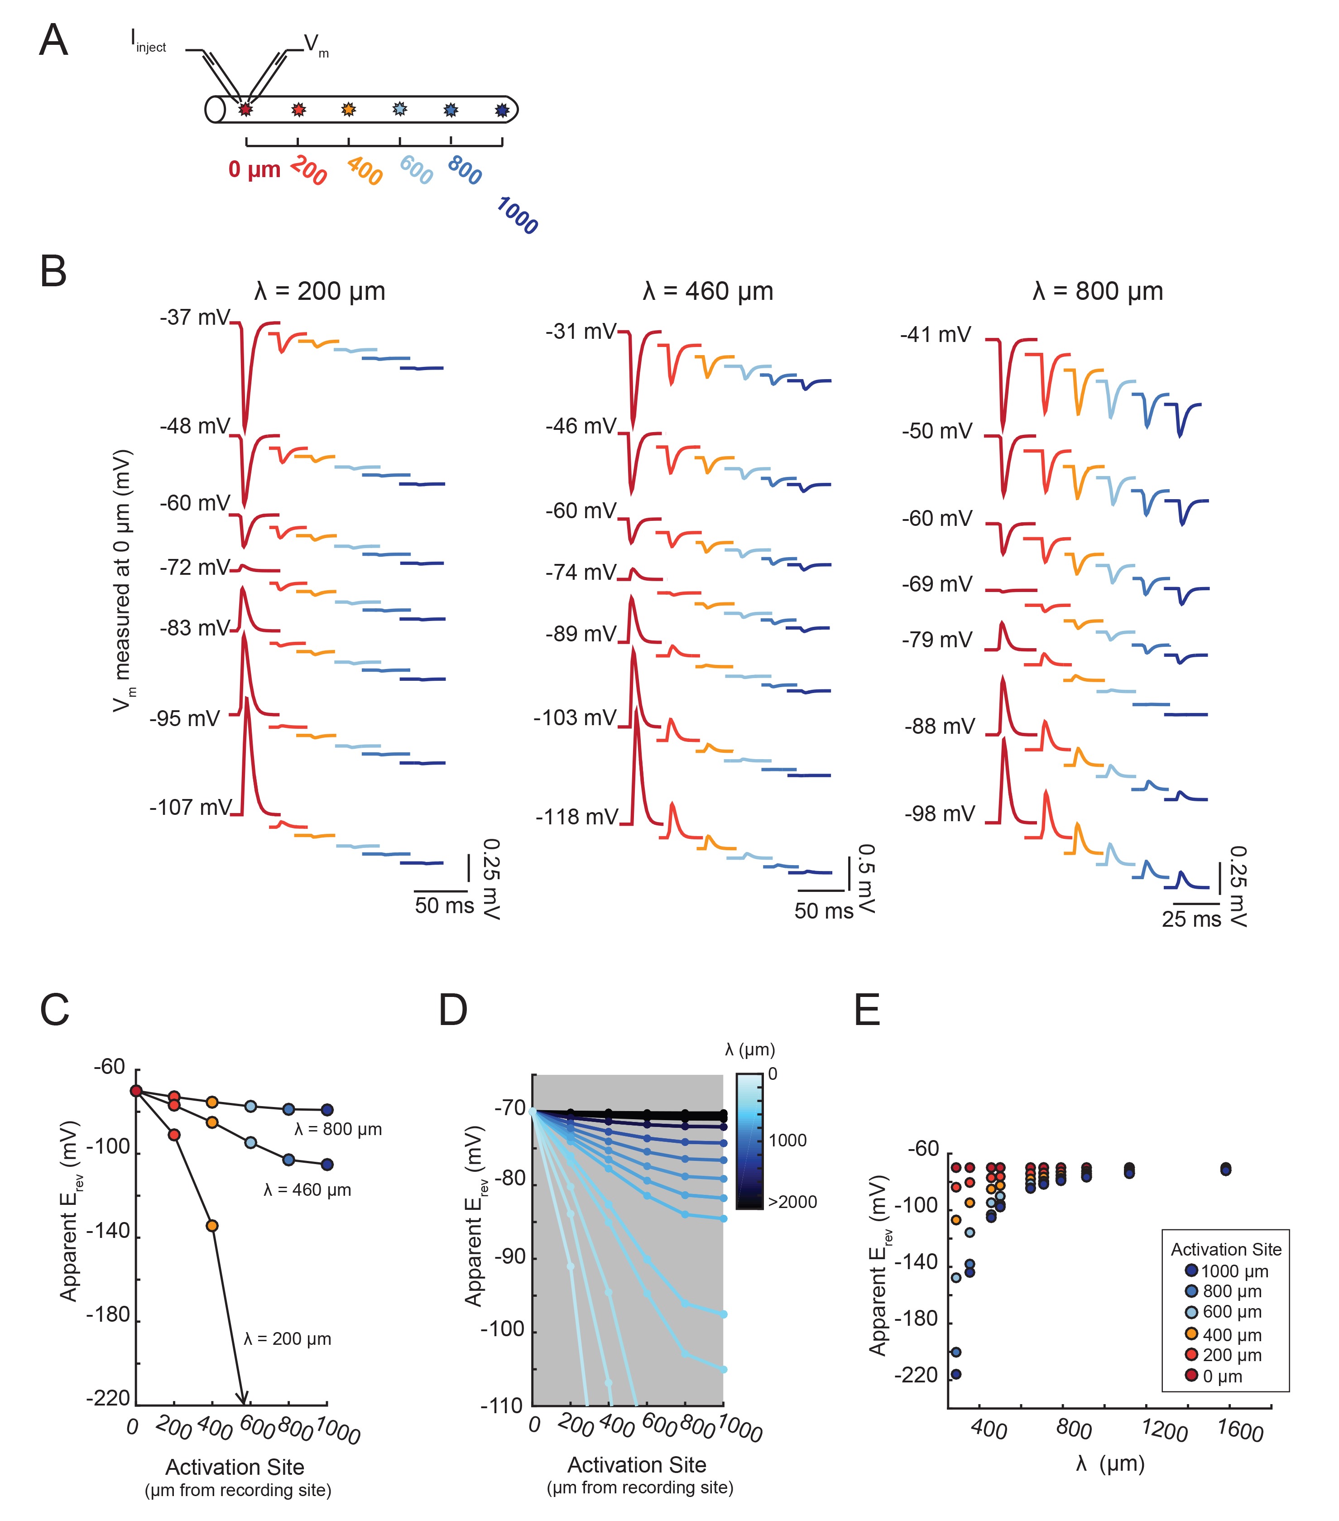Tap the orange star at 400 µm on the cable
(348, 110)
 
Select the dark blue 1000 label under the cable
(517, 216)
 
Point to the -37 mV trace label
(195, 318)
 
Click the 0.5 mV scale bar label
(866, 879)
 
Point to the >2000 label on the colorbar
(792, 1202)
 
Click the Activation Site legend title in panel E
(1226, 1249)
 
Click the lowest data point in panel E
(956, 1374)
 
